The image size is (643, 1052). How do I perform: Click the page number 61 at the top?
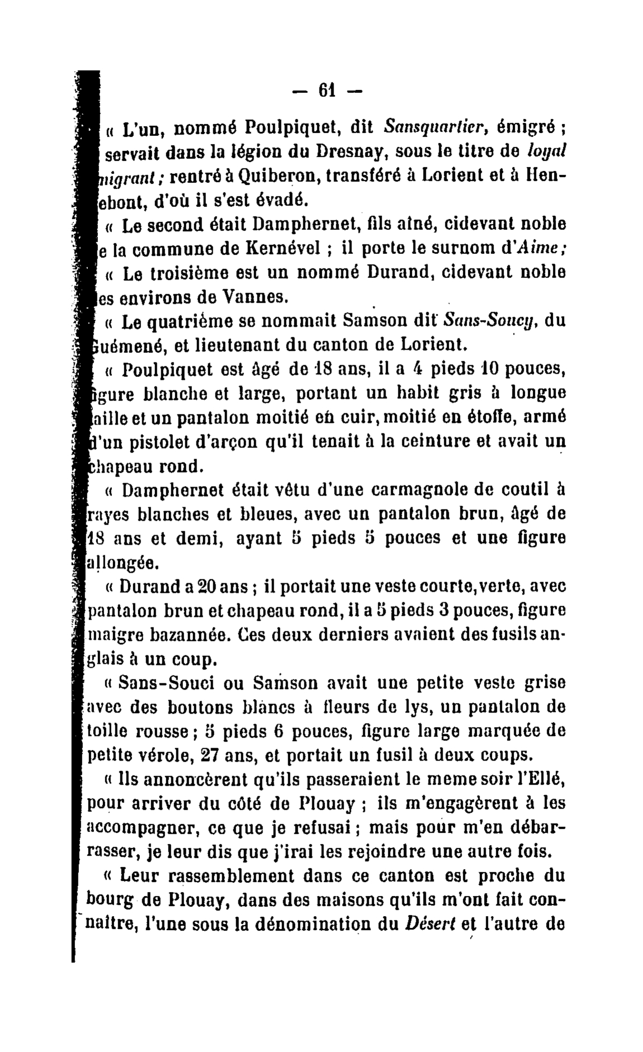[326, 90]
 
